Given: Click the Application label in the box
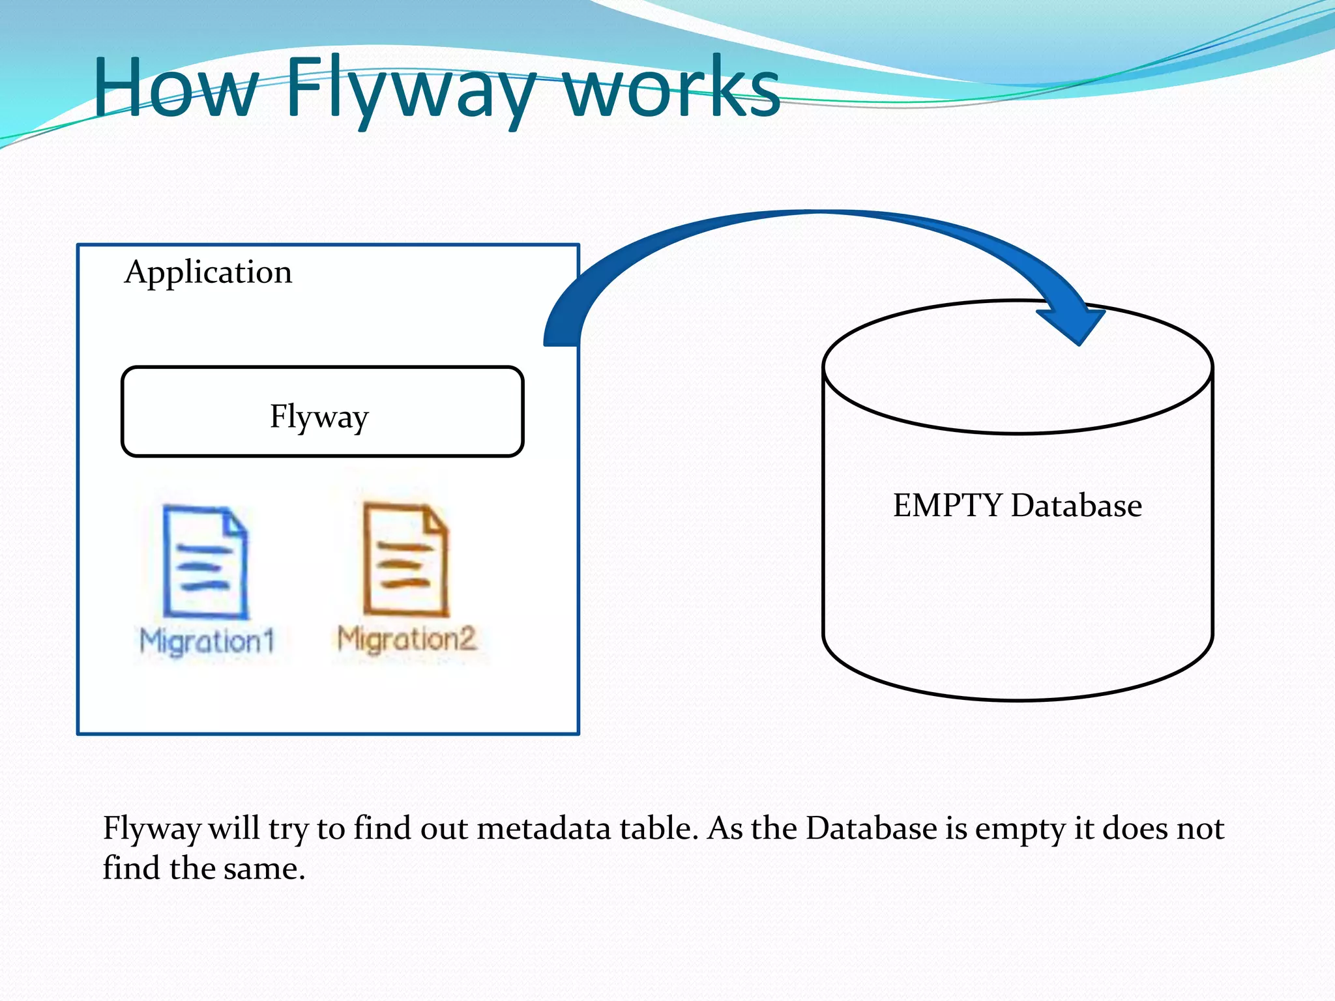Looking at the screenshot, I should click(x=208, y=272).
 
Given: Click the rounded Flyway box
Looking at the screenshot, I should click(x=322, y=412).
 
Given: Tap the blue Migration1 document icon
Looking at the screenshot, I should click(x=205, y=561).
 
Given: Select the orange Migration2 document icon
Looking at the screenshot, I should click(x=405, y=559).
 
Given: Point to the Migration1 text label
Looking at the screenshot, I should click(x=207, y=641).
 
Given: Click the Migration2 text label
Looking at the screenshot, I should click(x=407, y=639).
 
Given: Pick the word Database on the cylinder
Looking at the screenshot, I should click(x=1076, y=506).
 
